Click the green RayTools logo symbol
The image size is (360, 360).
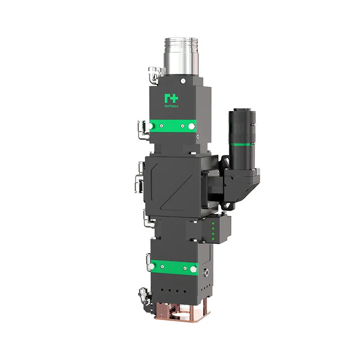(x=171, y=98)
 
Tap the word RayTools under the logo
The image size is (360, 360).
(x=171, y=106)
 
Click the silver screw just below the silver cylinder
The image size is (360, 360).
(x=182, y=81)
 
